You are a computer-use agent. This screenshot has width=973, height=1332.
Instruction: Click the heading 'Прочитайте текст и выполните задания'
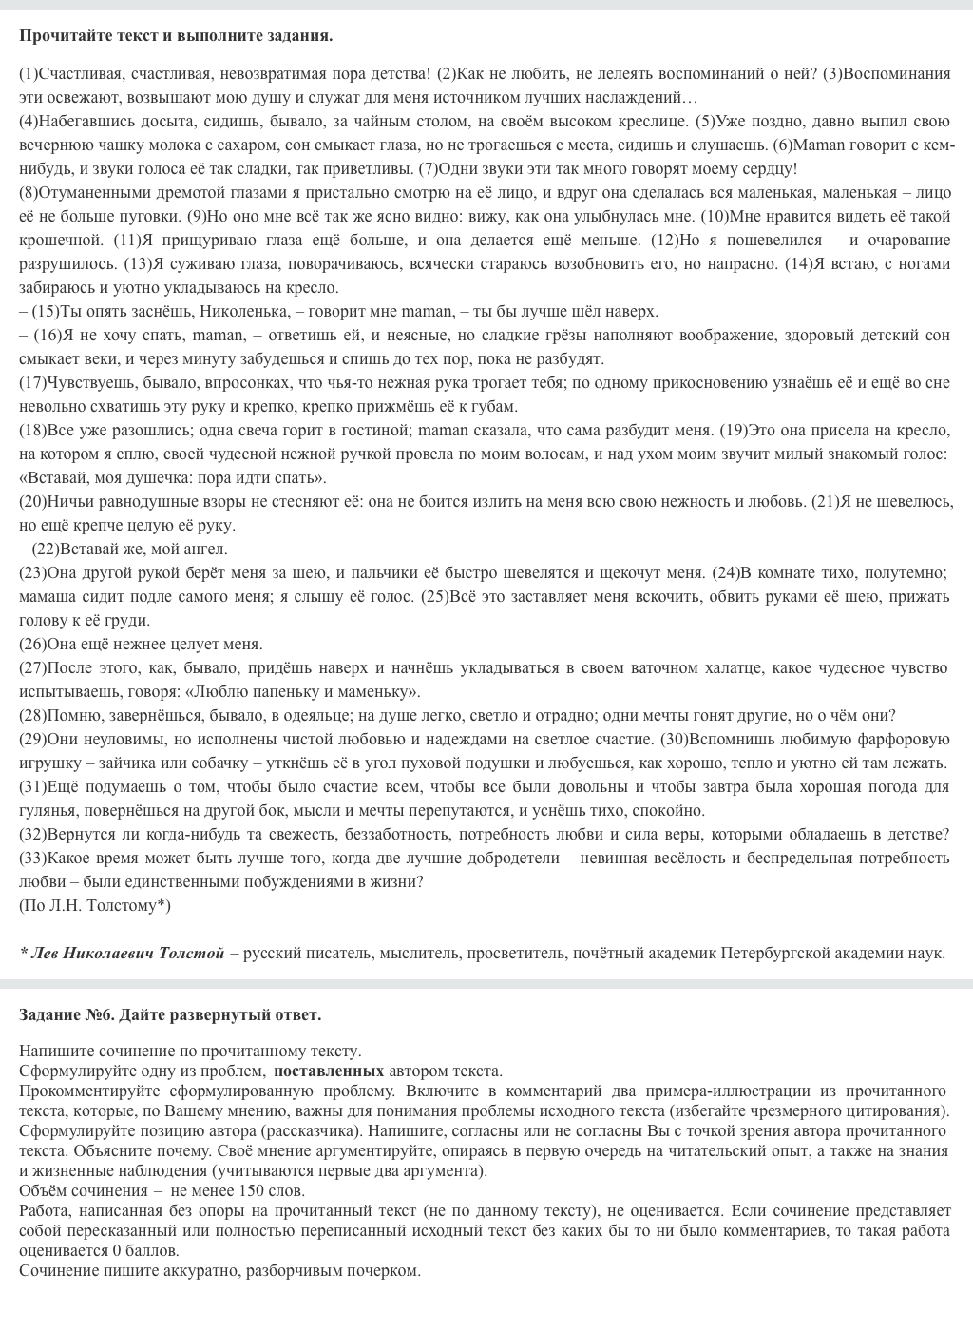coord(176,36)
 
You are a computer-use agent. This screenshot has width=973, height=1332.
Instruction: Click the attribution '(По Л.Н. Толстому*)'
coord(95,905)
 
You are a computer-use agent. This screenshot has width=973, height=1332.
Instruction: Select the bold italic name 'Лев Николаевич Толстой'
coord(122,953)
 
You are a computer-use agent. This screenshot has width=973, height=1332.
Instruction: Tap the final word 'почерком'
coord(382,1270)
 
